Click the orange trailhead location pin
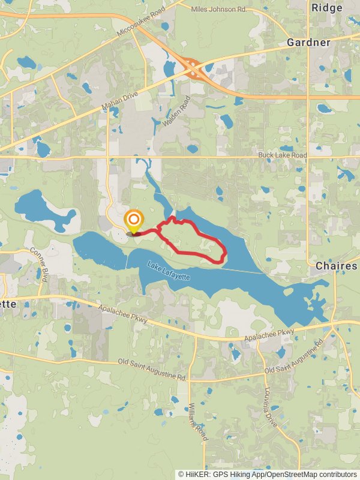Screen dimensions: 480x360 [x=133, y=221]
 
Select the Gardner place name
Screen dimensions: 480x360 [x=308, y=43]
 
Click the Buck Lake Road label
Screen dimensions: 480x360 [x=282, y=155]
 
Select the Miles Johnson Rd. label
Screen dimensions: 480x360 [x=218, y=9]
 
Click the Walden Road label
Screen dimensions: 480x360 [x=176, y=110]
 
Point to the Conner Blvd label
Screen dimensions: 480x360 [x=39, y=265]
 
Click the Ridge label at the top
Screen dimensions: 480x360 [x=327, y=8]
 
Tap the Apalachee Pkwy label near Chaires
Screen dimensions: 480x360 [x=269, y=335]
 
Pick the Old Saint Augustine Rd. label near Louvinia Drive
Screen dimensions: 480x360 [x=294, y=358]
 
